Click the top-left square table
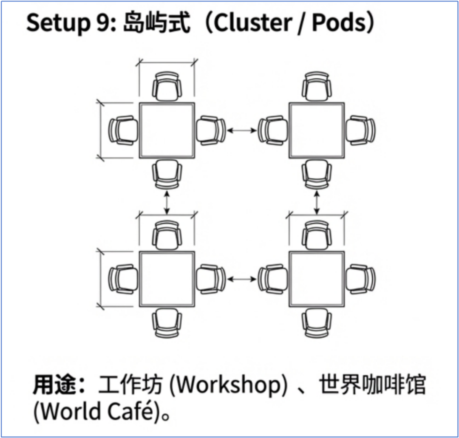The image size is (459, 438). (x=167, y=130)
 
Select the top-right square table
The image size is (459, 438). (x=317, y=130)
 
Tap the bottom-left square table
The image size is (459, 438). (x=167, y=279)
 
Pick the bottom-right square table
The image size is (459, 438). (x=317, y=279)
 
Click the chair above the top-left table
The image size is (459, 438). (x=167, y=87)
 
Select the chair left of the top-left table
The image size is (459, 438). (x=123, y=130)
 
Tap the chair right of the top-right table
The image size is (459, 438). (x=360, y=130)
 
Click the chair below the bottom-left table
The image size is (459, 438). (x=167, y=323)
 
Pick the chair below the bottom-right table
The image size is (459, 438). (x=317, y=323)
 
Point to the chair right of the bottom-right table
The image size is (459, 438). (x=360, y=279)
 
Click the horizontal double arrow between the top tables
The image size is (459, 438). (x=242, y=130)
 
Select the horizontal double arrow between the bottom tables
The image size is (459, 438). (x=242, y=279)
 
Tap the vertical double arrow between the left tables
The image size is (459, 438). (x=167, y=203)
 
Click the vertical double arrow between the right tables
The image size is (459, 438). (x=317, y=203)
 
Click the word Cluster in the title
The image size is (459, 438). (x=253, y=23)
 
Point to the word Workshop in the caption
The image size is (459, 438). (x=229, y=385)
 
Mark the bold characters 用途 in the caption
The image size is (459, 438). (x=55, y=385)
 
